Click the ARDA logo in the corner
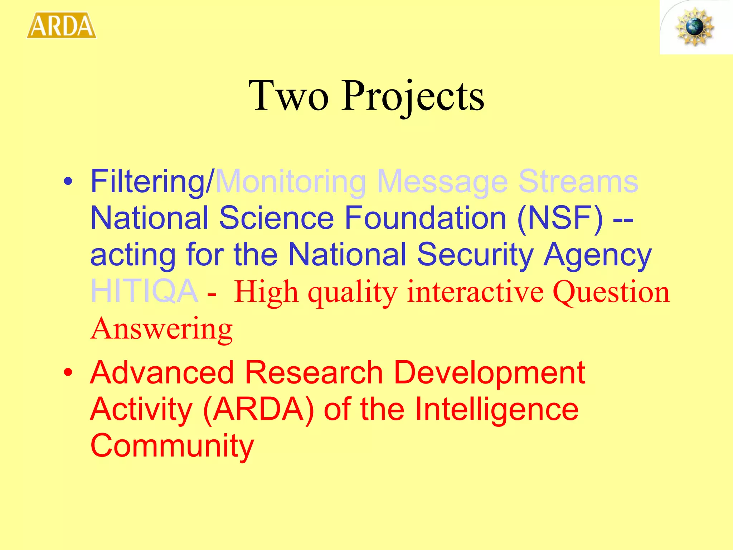point(62,25)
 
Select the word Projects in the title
point(412,96)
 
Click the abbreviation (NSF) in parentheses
point(560,218)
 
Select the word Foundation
point(425,218)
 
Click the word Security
point(475,255)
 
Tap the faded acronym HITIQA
point(144,291)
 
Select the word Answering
point(161,329)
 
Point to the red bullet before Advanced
point(68,373)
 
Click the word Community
point(172,446)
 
